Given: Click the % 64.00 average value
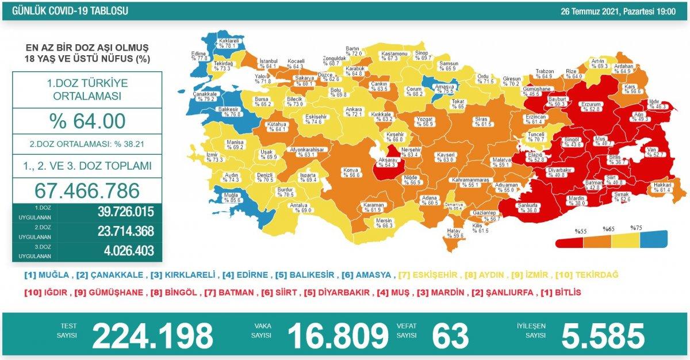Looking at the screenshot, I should tap(87, 121).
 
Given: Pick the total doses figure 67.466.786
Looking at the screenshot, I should tap(87, 190).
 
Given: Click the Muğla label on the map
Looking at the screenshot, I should tap(231, 197).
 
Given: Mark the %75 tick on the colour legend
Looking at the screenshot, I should tap(637, 228).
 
